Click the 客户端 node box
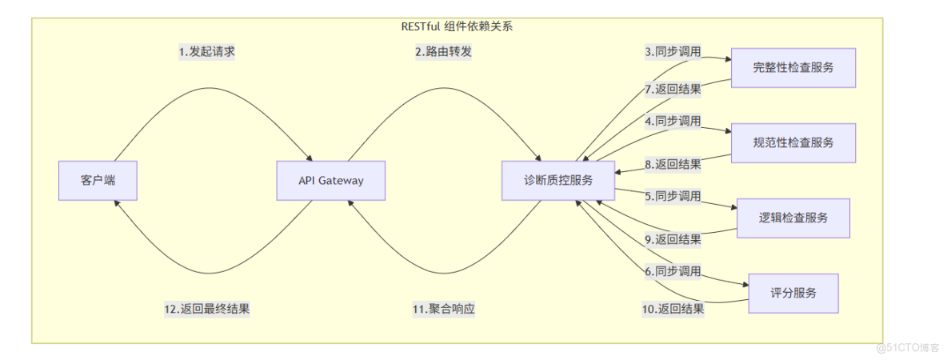98,181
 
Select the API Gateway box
330,181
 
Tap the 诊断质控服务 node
557,181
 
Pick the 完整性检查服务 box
793,68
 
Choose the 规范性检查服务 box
793,143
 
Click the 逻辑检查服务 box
793,218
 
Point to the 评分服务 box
793,294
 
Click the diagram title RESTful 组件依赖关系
457,26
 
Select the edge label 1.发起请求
206,52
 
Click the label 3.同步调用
673,52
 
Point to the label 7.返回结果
673,89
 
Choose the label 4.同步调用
673,122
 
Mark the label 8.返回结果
673,165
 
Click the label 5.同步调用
673,197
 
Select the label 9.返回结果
673,239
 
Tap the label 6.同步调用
673,272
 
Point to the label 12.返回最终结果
207,310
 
